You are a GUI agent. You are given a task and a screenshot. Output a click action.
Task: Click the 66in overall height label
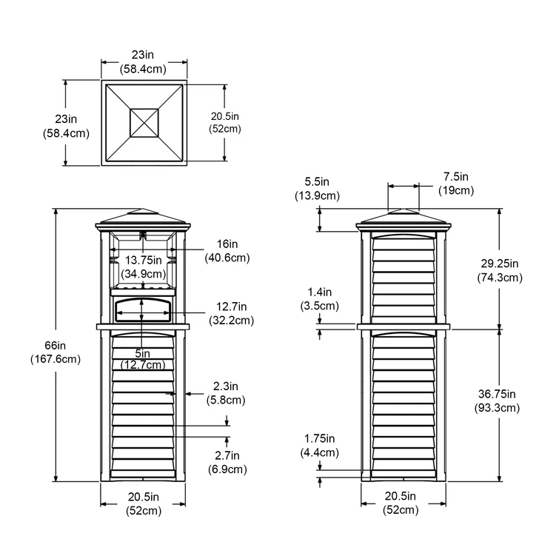click(x=56, y=352)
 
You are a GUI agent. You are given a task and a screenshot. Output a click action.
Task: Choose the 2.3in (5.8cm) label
click(x=226, y=393)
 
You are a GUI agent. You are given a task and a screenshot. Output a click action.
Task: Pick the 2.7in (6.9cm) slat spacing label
click(x=226, y=463)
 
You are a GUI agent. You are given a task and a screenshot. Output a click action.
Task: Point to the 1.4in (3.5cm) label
click(x=320, y=298)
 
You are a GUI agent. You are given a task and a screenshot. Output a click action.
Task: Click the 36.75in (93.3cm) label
click(x=498, y=401)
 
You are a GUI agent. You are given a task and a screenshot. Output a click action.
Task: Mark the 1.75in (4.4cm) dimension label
click(x=320, y=446)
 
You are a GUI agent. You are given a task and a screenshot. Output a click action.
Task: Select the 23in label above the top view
click(x=144, y=61)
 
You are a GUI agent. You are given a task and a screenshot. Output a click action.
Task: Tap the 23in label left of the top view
click(x=66, y=126)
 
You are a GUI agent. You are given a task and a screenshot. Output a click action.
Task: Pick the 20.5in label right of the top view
click(x=225, y=122)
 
